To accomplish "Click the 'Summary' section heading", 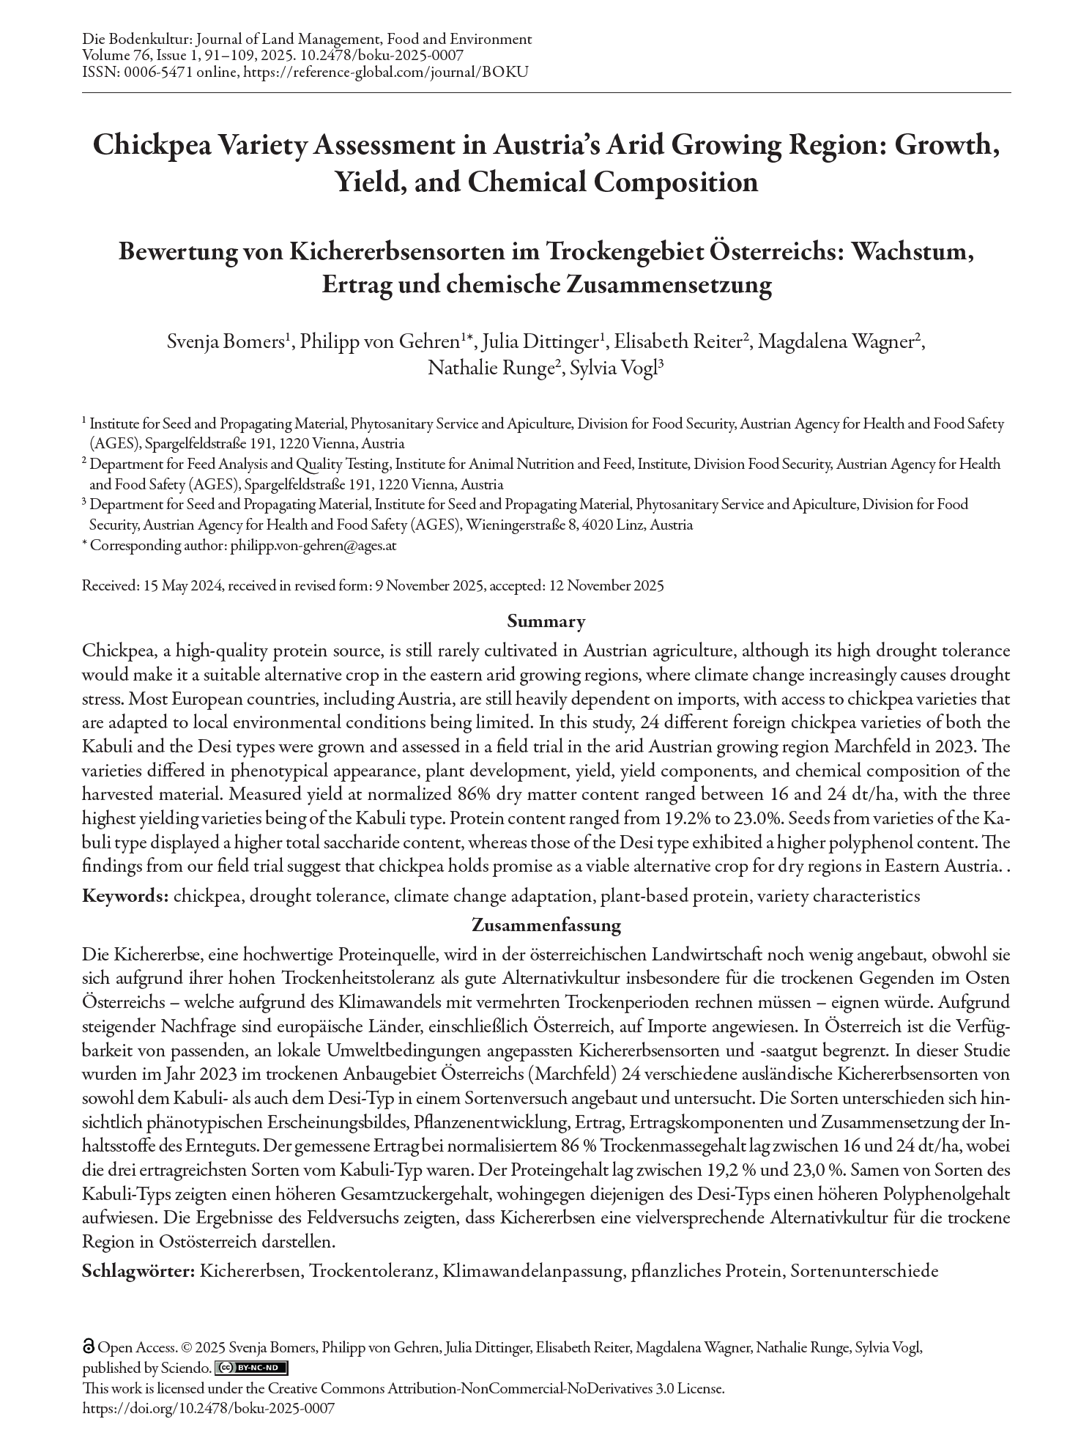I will coord(546,622).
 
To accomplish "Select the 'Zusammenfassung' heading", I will coord(546,925).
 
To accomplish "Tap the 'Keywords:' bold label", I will coord(125,896).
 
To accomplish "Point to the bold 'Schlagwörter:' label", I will coord(138,1270).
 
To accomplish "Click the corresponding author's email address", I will coord(313,545).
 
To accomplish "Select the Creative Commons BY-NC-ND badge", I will coord(251,1368).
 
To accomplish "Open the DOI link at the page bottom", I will coord(209,1408).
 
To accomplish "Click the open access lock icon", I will coord(89,1347).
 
